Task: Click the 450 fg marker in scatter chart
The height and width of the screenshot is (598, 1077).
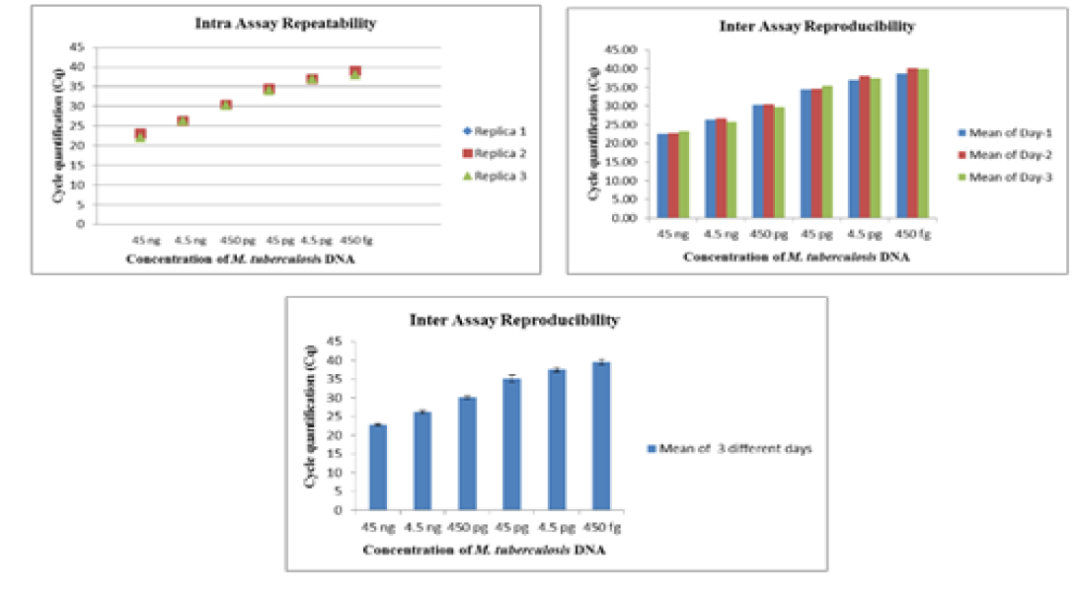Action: point(355,72)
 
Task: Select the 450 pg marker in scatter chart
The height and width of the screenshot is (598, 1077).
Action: point(226,105)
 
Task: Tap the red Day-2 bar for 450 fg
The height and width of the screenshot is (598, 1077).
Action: point(913,143)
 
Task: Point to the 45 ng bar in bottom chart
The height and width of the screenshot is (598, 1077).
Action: point(377,467)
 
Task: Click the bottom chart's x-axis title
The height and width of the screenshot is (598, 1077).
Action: point(484,550)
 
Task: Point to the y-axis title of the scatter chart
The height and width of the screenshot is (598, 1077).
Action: point(56,137)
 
